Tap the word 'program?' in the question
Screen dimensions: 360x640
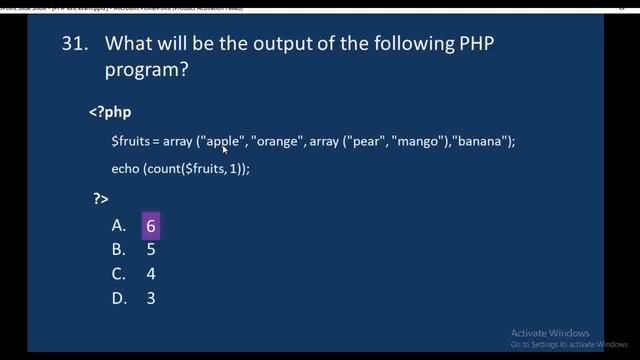coord(151,73)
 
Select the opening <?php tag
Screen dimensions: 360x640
coord(110,112)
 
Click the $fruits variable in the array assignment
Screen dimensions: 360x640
coord(131,142)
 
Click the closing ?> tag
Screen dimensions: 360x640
coord(100,200)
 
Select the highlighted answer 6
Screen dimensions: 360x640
coord(150,227)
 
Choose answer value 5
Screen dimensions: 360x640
coord(150,250)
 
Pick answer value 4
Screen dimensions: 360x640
coord(150,274)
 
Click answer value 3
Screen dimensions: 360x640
coord(150,298)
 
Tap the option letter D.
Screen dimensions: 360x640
coord(117,298)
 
